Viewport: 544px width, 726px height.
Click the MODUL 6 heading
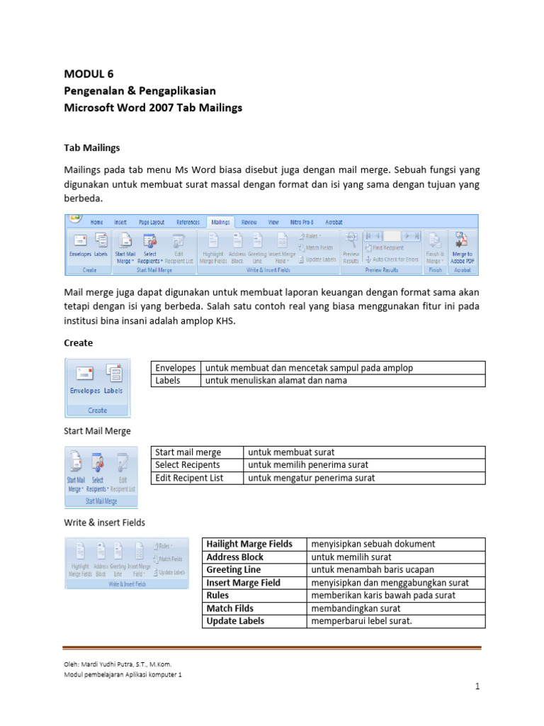pyautogui.click(x=89, y=74)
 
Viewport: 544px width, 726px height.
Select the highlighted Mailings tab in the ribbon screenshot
pyautogui.click(x=220, y=222)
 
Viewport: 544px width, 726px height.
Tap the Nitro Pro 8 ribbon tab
pyautogui.click(x=302, y=222)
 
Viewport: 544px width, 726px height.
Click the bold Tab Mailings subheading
pyautogui.click(x=92, y=148)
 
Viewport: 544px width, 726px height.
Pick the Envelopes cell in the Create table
pyautogui.click(x=176, y=368)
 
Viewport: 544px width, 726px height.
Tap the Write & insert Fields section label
pyautogui.click(x=104, y=523)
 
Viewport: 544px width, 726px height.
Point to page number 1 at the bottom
pyautogui.click(x=478, y=688)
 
